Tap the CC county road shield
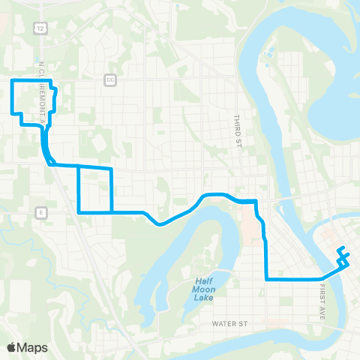click(111, 79)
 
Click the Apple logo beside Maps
click(12, 347)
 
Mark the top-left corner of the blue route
click(12, 79)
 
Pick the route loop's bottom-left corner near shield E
click(79, 212)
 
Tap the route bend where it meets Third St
click(256, 201)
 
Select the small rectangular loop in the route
click(95, 190)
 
